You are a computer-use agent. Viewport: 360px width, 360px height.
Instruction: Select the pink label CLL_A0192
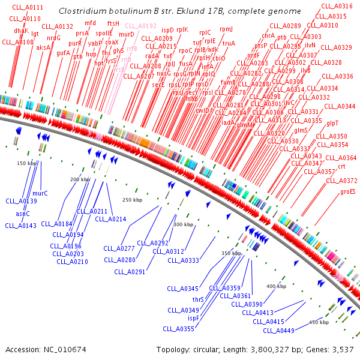click(x=140, y=26)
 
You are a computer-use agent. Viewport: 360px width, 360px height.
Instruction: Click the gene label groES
click(x=347, y=192)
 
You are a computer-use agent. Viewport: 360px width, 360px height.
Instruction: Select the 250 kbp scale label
click(x=132, y=200)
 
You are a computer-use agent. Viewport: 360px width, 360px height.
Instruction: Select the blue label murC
click(x=40, y=194)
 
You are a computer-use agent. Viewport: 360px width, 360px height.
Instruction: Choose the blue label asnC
click(x=23, y=214)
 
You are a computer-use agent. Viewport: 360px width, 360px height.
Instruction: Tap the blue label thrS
click(x=198, y=299)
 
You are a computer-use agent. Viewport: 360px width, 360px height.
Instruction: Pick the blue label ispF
click(x=193, y=318)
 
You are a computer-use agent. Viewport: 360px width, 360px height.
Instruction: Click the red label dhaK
click(x=21, y=31)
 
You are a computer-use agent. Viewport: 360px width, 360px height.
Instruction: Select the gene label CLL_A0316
click(x=334, y=6)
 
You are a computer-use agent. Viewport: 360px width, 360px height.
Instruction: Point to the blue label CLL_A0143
click(x=20, y=226)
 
